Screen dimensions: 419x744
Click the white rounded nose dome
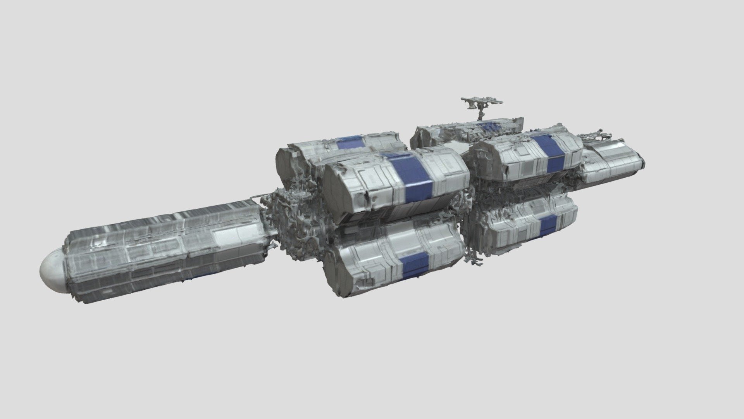tap(52, 270)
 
